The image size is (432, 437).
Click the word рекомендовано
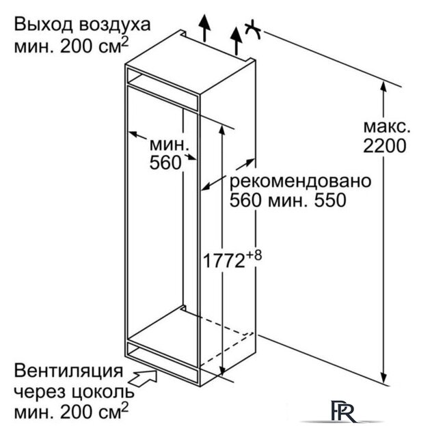click(x=300, y=182)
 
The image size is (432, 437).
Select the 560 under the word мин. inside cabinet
click(x=165, y=162)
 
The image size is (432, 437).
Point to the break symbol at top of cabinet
click(x=254, y=29)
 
